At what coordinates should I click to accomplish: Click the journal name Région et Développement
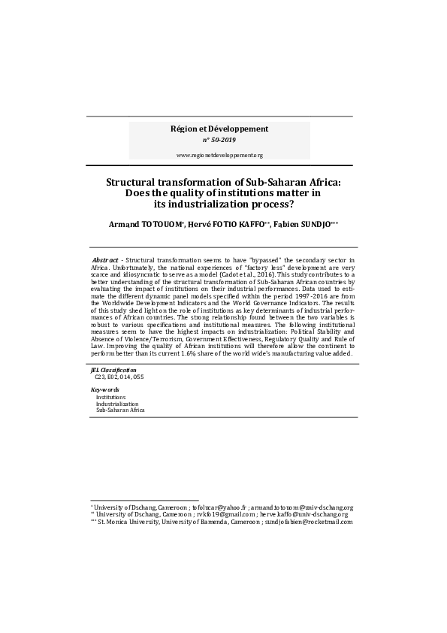(x=219, y=129)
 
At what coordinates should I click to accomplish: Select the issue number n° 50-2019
(x=219, y=141)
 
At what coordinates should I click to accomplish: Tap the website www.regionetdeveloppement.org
(x=219, y=155)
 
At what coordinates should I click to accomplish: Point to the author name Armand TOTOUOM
(x=138, y=224)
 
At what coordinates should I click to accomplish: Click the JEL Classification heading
(x=114, y=371)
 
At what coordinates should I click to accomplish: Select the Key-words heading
(x=105, y=389)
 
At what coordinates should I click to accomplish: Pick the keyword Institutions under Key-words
(x=110, y=397)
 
